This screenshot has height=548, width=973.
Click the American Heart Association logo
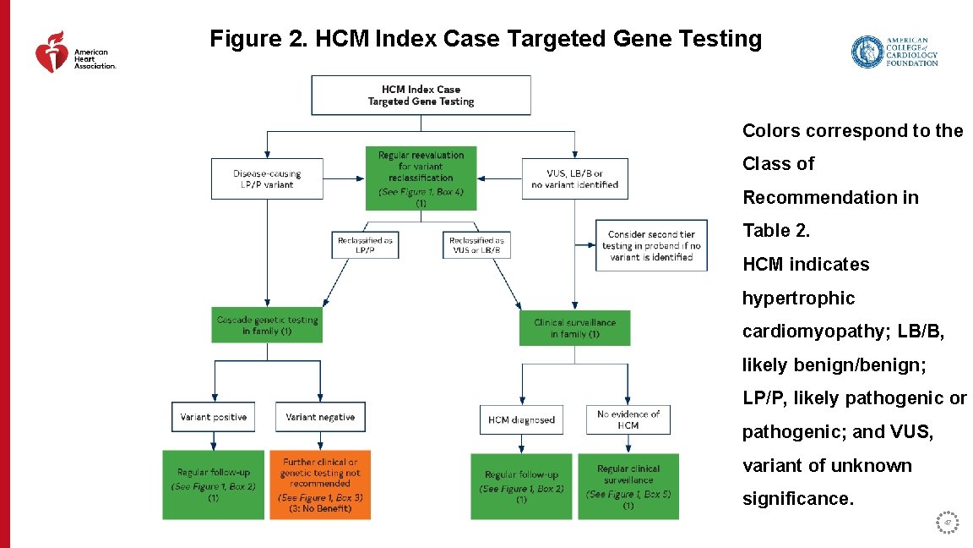74,53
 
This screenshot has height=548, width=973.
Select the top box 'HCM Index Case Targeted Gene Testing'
421,95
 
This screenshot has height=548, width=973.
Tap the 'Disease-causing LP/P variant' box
267,178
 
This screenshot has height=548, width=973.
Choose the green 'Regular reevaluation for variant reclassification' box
421,178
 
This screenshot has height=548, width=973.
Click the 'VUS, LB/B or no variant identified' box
574,178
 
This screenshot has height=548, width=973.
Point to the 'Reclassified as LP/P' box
365,245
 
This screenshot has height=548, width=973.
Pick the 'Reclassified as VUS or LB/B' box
476,245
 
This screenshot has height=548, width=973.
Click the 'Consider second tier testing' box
650,245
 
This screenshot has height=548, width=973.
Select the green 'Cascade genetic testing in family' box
267,326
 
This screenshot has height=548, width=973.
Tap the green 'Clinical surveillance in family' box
574,328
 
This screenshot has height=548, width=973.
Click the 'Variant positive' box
213,417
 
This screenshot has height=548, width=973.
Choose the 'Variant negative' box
320,417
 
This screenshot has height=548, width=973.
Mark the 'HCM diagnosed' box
521,419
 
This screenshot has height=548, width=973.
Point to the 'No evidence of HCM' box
628,419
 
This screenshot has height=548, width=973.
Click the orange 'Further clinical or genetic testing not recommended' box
320,485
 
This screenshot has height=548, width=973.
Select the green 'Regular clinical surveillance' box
628,486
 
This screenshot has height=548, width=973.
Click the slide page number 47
948,523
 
